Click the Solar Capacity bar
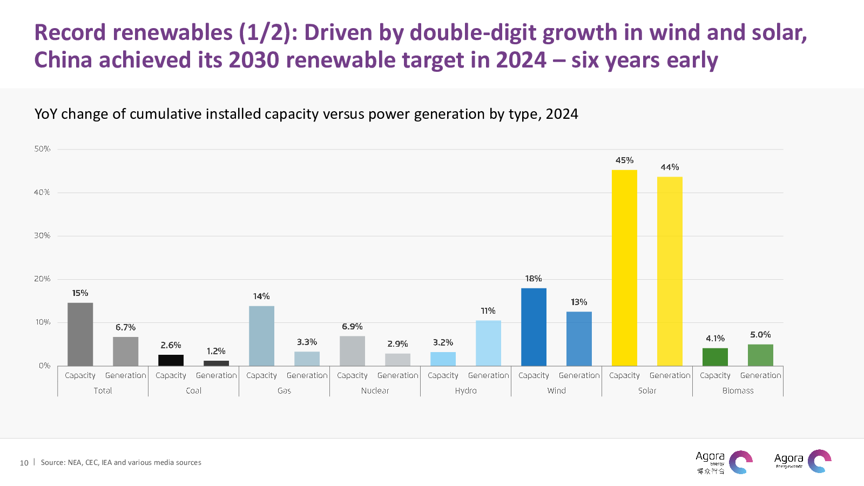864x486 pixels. tap(624, 268)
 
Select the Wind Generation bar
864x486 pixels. tap(579, 339)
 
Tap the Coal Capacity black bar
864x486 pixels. tap(171, 360)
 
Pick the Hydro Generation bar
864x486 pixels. tap(488, 343)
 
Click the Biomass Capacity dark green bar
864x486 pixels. tap(715, 357)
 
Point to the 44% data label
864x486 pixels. tap(670, 167)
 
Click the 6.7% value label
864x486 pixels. tap(125, 328)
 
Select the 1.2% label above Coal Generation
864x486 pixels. tap(216, 352)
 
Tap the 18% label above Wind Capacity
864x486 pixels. tap(534, 279)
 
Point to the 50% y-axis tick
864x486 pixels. tap(42, 149)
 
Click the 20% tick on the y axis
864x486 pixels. tap(42, 279)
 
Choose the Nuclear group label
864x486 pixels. tap(375, 391)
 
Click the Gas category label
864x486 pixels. tap(284, 391)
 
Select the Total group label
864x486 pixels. tap(103, 391)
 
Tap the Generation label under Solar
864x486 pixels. tap(670, 376)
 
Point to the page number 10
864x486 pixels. tap(24, 463)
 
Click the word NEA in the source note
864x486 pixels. tap(75, 463)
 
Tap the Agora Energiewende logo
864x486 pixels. tap(802, 461)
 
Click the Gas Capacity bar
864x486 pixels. tap(261, 336)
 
